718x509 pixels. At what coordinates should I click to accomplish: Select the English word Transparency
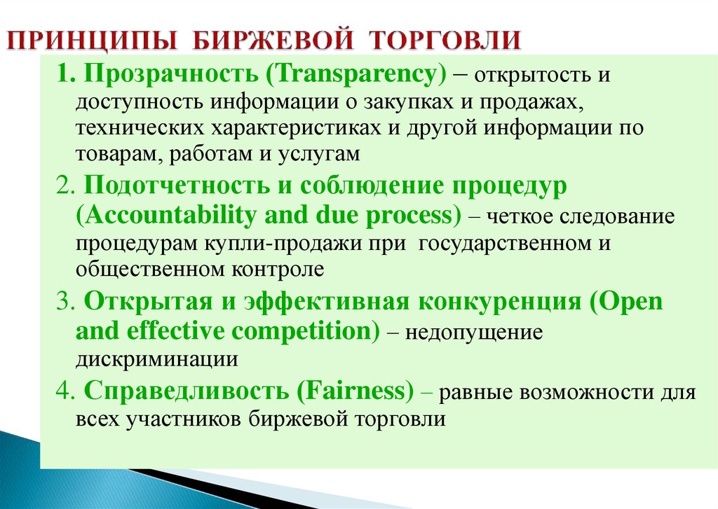tap(355, 74)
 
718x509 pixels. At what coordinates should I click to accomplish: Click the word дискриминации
tap(156, 359)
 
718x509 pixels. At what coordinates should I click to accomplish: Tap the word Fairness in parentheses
tap(355, 391)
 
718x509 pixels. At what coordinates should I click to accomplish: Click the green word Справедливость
tap(187, 391)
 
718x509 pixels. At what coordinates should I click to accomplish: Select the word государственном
tap(505, 243)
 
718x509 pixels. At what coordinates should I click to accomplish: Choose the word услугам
tap(319, 154)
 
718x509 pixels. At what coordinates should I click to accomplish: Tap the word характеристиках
tap(296, 127)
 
